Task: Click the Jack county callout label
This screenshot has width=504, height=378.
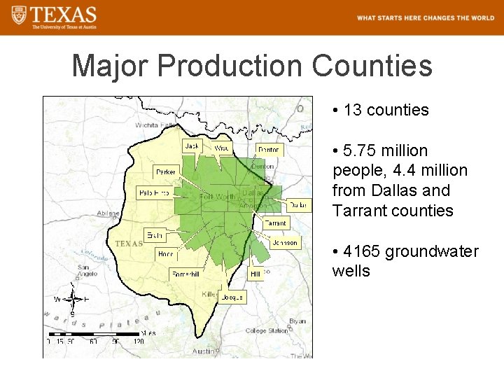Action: (x=192, y=146)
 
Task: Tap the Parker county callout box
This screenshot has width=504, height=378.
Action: (x=166, y=171)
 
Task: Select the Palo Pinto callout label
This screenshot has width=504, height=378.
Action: (x=154, y=192)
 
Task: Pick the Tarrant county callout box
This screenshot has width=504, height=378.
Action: (x=275, y=223)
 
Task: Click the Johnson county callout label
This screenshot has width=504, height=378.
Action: (x=285, y=243)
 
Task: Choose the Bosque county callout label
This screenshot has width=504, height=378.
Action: (x=232, y=297)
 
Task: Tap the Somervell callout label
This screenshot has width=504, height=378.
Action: (x=185, y=274)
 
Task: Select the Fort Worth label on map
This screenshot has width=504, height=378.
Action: (x=218, y=197)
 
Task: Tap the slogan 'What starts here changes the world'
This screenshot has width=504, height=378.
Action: (x=425, y=18)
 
